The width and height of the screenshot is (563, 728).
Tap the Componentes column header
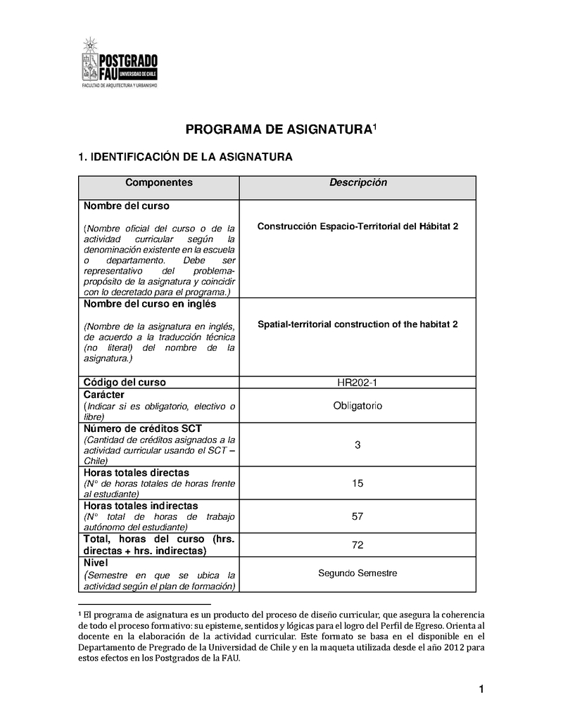point(159,183)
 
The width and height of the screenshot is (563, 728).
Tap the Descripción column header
point(358,183)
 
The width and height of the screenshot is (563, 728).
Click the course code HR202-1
point(358,383)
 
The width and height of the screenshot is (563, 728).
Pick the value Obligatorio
point(358,406)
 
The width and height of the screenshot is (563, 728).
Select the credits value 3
point(358,445)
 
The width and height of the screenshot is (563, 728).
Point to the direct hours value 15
point(358,483)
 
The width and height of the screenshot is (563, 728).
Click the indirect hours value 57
point(358,516)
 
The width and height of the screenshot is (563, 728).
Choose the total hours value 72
point(358,545)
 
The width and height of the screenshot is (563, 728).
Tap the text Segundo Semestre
point(358,573)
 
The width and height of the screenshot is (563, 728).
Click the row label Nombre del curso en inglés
point(150,305)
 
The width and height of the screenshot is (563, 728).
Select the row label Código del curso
point(125,383)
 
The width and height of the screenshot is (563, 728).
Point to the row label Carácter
point(105,395)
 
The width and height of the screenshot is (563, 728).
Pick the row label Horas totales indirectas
point(141,506)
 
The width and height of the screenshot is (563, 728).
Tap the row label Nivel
point(96,563)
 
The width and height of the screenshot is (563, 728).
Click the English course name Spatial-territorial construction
point(358,324)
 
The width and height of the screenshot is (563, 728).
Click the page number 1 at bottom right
point(481,689)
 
